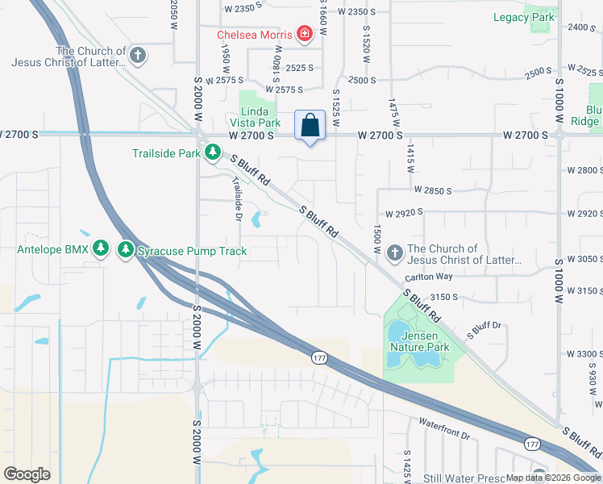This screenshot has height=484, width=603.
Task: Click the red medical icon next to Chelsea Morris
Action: coord(305,34)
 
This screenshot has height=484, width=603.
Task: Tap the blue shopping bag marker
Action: coord(310,126)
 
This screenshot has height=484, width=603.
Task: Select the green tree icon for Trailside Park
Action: coord(213,152)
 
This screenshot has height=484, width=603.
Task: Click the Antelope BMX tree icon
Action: coord(101,250)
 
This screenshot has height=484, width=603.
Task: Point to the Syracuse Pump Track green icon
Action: coord(125,250)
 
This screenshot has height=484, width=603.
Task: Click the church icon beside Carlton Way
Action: coord(394,254)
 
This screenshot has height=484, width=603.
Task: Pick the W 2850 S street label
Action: coord(433,190)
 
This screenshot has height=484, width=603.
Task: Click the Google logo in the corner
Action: coord(27,474)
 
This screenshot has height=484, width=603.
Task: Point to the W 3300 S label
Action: coord(584,354)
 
